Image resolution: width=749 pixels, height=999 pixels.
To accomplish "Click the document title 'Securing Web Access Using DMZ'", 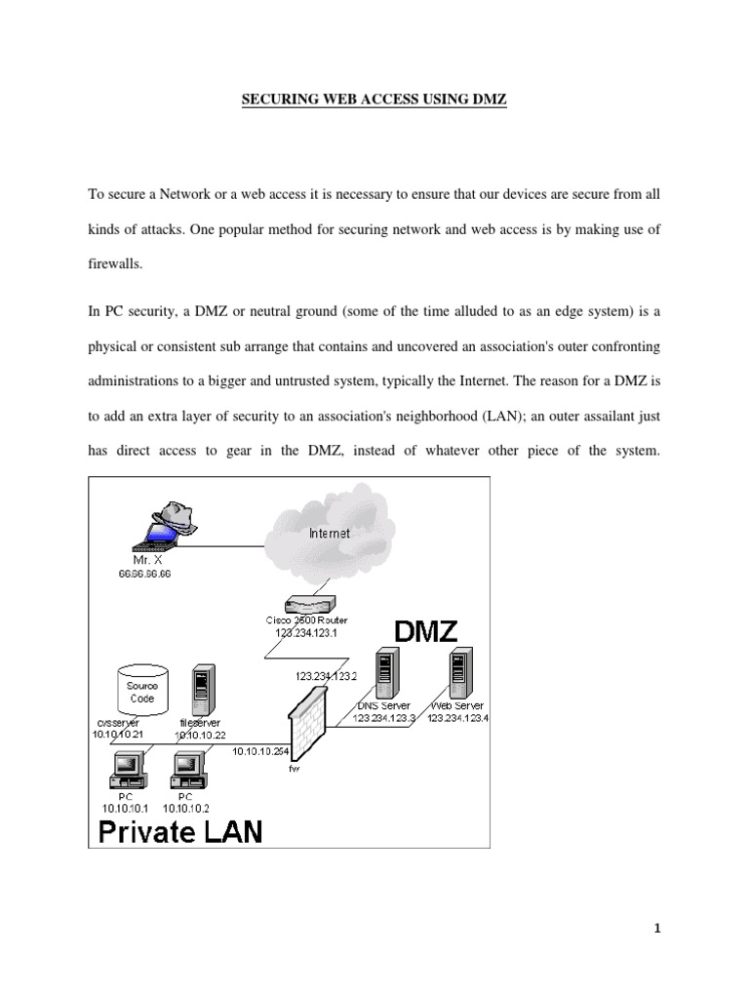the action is (x=374, y=101).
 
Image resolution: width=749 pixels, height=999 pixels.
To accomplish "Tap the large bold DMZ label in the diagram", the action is (x=425, y=632).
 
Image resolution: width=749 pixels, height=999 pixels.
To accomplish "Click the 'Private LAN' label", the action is (x=177, y=832).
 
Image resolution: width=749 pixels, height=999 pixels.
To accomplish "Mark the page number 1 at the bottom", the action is (x=657, y=930).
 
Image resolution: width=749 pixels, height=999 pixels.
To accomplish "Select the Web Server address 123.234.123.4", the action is (x=456, y=718).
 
